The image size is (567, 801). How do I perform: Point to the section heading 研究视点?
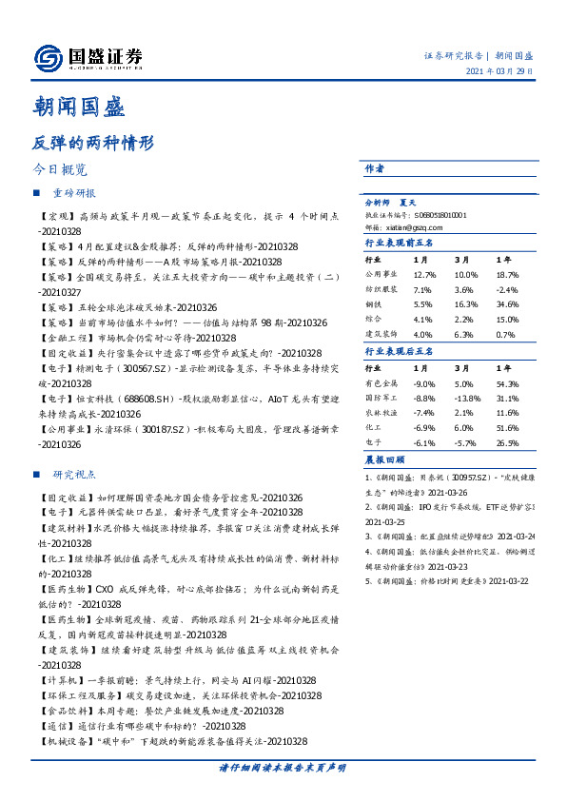click(x=75, y=474)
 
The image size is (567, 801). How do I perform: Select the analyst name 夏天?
click(x=409, y=203)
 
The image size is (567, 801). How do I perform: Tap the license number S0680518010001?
click(x=441, y=215)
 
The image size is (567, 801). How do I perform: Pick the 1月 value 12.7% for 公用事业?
click(x=424, y=273)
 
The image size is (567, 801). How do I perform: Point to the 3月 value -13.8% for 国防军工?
click(x=465, y=397)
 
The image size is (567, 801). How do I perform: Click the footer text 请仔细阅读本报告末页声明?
click(x=283, y=767)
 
